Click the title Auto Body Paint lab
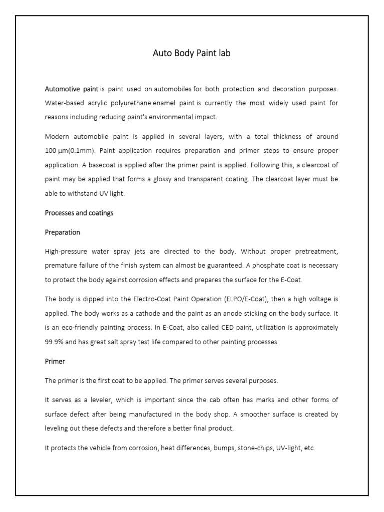pyautogui.click(x=192, y=53)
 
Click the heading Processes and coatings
pyautogui.click(x=79, y=213)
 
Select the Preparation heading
pyautogui.click(x=62, y=232)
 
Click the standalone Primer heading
pyautogui.click(x=55, y=361)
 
